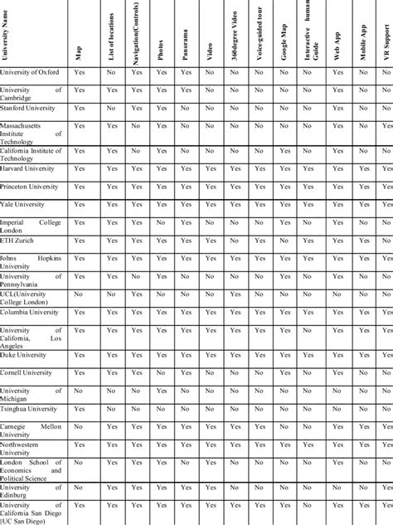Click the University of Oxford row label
click(x=31, y=73)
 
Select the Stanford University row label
click(x=30, y=108)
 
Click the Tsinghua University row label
click(x=29, y=409)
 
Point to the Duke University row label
click(x=26, y=355)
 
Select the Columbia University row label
click(x=31, y=313)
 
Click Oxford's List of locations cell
click(x=111, y=73)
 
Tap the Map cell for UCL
click(x=80, y=294)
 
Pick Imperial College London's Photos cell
click(x=162, y=223)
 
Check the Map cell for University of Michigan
click(x=80, y=391)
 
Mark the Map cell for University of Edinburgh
click(x=80, y=488)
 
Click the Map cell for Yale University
click(x=80, y=204)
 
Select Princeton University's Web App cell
click(x=337, y=187)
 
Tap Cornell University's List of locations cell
click(x=111, y=373)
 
